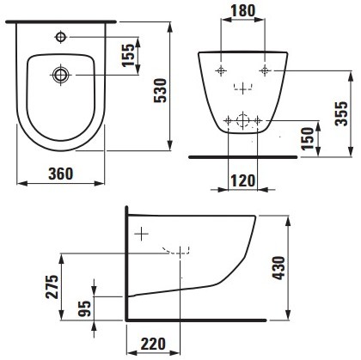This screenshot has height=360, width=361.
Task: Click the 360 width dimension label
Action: (61, 174)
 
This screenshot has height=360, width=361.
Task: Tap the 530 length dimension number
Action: (160, 90)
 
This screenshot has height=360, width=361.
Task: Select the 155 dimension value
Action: (128, 55)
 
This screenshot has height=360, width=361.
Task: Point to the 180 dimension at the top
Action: (243, 11)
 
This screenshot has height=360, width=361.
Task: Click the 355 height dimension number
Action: (341, 113)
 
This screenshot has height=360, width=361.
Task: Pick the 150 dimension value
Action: (308, 138)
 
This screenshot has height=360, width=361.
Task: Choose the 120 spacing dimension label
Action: (242, 181)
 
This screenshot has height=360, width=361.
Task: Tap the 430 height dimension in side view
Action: (278, 268)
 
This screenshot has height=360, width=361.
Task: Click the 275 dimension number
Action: (52, 287)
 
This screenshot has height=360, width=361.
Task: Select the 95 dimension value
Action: (85, 308)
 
